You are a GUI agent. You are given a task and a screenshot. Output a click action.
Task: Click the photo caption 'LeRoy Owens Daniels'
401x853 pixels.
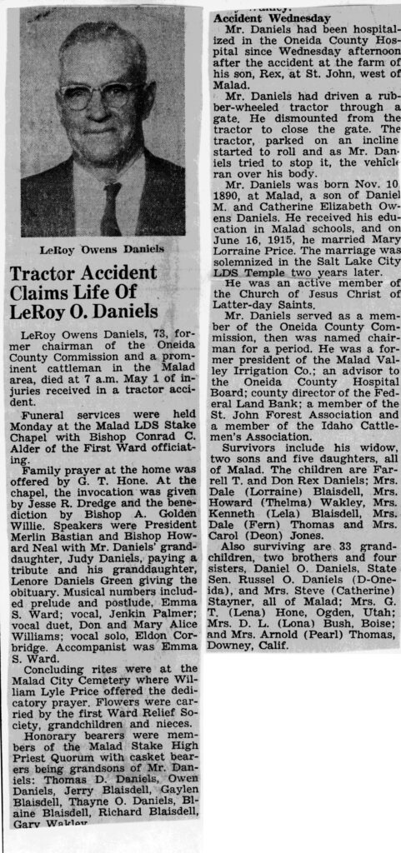(x=101, y=249)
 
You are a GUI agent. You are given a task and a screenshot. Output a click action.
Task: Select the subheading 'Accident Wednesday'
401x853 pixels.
(x=261, y=17)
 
